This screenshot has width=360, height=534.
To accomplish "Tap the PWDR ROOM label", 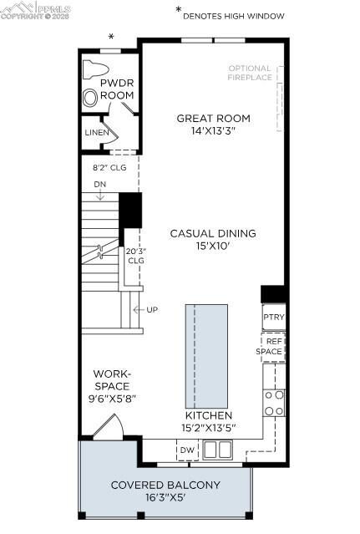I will pos(117,89).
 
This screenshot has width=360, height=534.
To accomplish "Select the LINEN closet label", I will pos(96,133).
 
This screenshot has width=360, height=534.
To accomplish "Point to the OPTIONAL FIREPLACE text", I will pos(250,73).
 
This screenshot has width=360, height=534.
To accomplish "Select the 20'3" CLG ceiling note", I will pos(135,255).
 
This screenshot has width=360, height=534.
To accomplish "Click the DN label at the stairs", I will pos(99,184).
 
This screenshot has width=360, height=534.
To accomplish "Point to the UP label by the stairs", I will pos(152,309).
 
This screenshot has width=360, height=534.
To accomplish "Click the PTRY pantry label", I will pos(273,318).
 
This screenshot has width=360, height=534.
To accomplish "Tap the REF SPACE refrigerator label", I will pos(273,346).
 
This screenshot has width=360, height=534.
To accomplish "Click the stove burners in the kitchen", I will pos(274,402).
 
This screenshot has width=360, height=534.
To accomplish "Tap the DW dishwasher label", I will pos(187,450).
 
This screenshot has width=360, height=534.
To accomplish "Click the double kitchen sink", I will pos(217,450).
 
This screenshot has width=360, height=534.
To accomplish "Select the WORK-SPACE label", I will pos(111,386).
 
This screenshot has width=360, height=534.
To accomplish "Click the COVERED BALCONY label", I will pos(165,485).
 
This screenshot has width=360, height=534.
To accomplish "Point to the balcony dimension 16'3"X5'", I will pos(165,499).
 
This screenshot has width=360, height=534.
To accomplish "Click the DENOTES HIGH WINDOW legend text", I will pos(233,15).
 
